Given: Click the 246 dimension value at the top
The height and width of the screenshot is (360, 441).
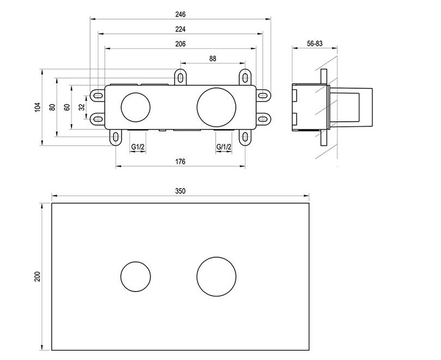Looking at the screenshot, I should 181,14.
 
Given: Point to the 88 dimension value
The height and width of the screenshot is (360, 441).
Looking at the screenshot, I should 213,58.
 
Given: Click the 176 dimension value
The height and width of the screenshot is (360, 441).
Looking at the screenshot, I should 181,161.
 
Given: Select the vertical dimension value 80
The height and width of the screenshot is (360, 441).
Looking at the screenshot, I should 52,108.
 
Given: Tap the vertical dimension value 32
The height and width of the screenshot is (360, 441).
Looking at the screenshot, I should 81,108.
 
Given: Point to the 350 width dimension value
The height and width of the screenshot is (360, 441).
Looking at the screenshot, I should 181,191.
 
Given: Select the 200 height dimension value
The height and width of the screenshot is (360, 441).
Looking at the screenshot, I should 38,277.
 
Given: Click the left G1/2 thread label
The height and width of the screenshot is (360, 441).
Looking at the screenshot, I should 138,147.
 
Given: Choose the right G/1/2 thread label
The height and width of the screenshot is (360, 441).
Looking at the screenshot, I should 224,147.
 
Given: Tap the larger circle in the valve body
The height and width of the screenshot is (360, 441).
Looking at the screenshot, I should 216,107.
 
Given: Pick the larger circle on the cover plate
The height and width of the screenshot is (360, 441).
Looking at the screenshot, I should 216,276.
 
